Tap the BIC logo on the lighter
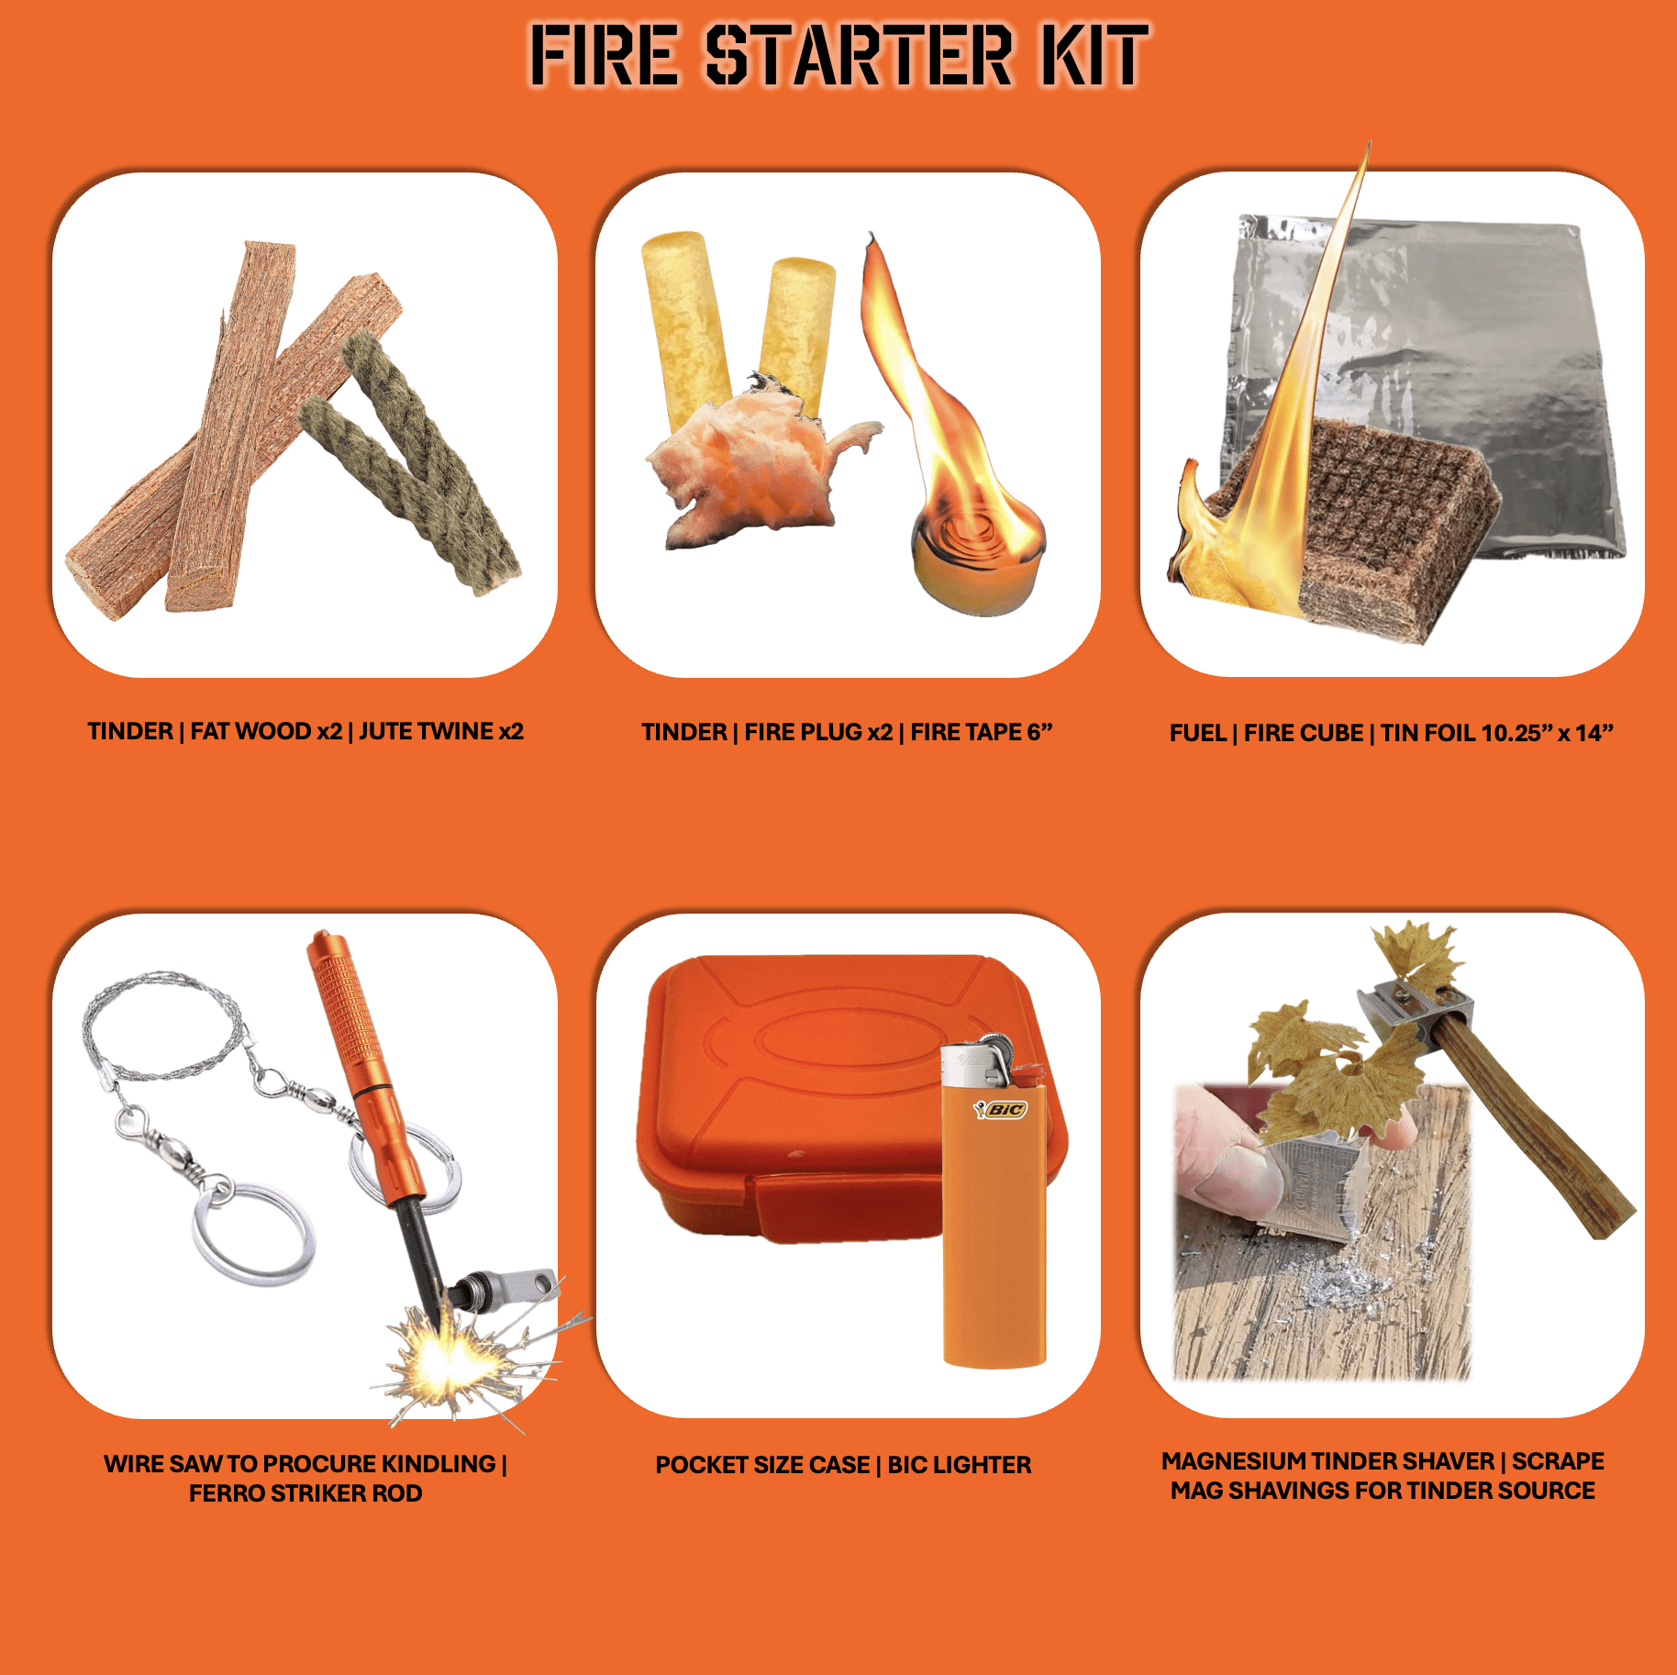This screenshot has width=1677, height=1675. [x=1002, y=1110]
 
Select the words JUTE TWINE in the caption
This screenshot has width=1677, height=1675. [x=427, y=731]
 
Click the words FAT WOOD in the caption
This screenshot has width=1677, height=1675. [x=251, y=731]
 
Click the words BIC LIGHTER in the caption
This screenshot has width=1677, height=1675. [x=959, y=1465]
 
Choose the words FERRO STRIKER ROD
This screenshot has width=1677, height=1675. [x=305, y=1493]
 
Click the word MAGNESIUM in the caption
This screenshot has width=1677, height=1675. [x=1234, y=1461]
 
